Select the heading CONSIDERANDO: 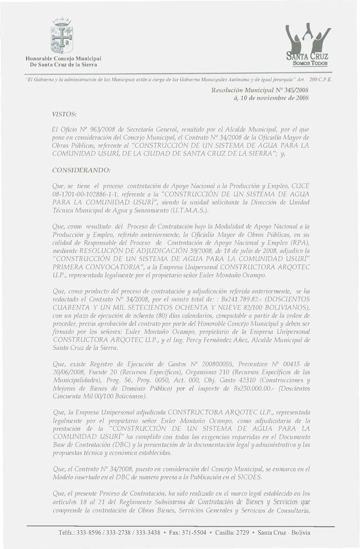pos(82,171)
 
